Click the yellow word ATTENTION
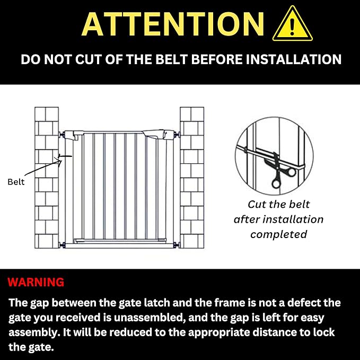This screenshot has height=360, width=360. click(173, 24)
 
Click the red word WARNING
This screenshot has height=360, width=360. click(36, 282)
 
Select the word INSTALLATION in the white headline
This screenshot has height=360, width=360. click(294, 59)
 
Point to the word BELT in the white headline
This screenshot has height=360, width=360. click(171, 59)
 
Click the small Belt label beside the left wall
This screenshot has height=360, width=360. click(16, 182)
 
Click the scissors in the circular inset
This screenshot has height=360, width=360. click(278, 170)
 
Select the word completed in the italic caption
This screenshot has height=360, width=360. click(278, 234)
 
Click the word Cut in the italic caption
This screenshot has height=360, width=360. click(256, 204)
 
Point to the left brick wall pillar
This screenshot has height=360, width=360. click(47, 178)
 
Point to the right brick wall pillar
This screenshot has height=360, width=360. click(192, 178)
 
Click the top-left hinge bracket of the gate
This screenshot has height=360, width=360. click(73, 135)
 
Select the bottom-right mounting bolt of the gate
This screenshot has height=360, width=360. click(176, 245)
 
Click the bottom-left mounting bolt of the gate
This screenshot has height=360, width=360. click(62, 245)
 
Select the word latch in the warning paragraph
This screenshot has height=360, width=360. click(157, 303)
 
